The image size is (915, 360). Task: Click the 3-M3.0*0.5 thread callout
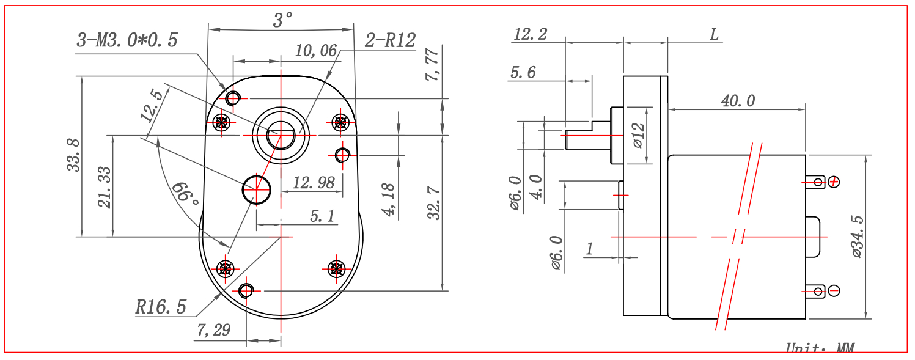click(x=127, y=40)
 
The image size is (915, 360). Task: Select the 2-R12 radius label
click(x=390, y=40)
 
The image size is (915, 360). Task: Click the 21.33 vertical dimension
click(x=105, y=188)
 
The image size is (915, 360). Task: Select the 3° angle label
click(x=282, y=20)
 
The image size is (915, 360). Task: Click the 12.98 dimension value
click(x=314, y=182)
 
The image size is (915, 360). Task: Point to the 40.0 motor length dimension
click(x=738, y=101)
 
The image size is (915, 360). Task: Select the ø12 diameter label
click(x=638, y=135)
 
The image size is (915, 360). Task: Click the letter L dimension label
click(x=713, y=34)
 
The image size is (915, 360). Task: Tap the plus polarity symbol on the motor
click(x=833, y=182)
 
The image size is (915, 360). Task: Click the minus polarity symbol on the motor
click(x=833, y=290)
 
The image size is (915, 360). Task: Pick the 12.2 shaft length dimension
click(x=530, y=34)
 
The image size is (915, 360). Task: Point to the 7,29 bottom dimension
click(x=213, y=330)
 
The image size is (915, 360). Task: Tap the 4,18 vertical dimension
click(x=390, y=200)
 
